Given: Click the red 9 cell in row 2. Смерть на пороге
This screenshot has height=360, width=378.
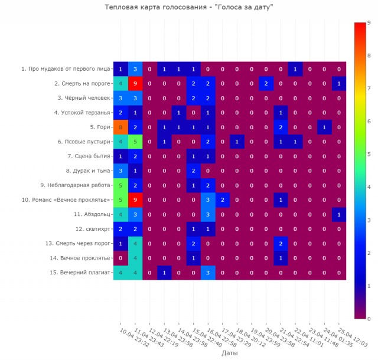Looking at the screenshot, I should pos(135,84).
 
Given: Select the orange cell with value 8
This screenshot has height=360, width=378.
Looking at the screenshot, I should pos(120,127).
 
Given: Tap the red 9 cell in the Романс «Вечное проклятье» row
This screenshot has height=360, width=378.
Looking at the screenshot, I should pos(135,199).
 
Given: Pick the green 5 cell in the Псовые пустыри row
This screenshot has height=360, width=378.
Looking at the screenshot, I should pos(135,142).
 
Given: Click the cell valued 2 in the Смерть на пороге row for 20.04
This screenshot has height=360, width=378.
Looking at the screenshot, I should pos(266,84).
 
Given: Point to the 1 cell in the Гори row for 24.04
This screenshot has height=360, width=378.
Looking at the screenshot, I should pos(324,127).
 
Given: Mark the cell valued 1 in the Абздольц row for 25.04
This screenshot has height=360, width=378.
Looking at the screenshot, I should pos(339,214).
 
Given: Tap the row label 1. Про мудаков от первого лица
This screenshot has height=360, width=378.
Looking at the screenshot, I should pos(66,69).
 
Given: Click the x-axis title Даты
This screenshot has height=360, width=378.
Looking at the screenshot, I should pos(230,352).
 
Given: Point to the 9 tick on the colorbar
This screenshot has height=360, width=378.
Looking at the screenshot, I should pos(368,22).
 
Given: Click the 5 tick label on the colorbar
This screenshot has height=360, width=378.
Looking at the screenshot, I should pos(368,154).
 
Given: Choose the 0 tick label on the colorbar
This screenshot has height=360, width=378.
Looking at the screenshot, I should pos(368,319).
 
